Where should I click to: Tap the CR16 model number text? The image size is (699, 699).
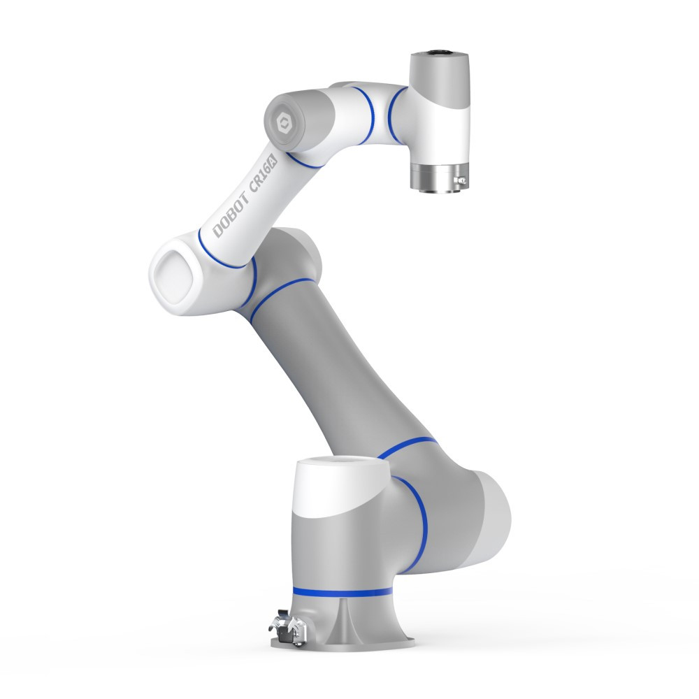[x=260, y=176]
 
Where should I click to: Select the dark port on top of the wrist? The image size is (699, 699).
[x=440, y=55]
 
